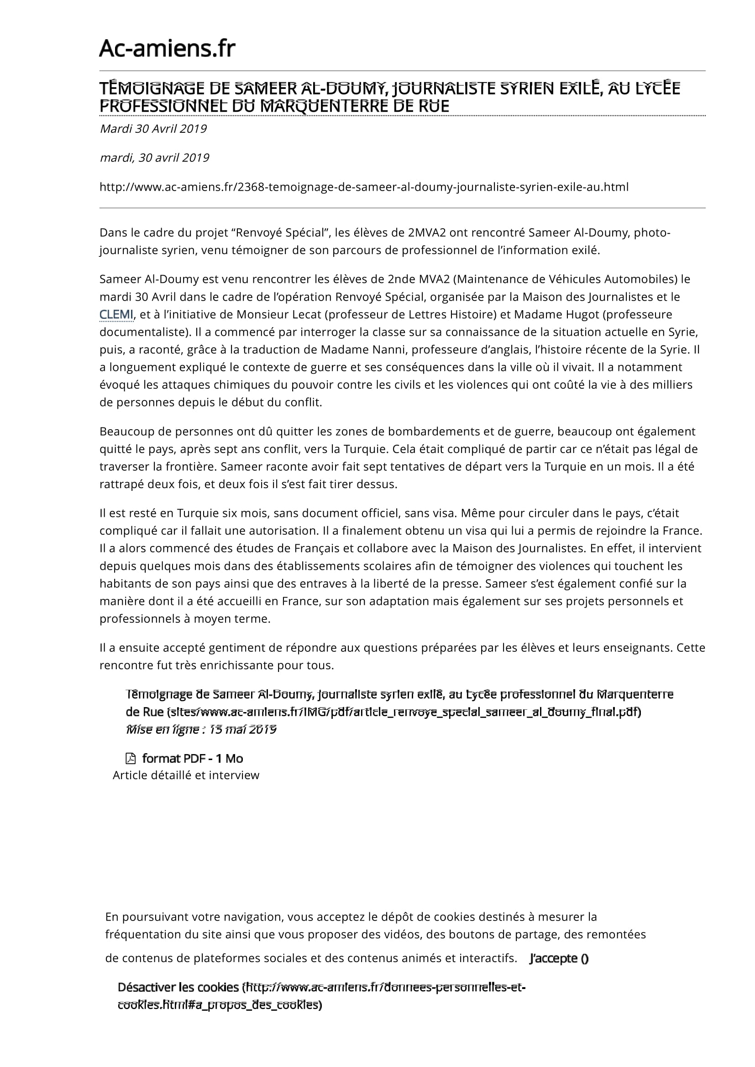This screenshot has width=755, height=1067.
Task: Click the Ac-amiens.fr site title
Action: pos(167,48)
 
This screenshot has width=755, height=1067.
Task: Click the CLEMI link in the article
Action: pos(116,315)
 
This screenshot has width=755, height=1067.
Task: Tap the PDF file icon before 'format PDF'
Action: pos(131,758)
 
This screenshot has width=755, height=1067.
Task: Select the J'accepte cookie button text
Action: pos(559,958)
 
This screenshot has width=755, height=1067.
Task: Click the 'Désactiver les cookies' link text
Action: pos(178,987)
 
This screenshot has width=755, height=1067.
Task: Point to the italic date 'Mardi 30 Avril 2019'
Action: pos(153,129)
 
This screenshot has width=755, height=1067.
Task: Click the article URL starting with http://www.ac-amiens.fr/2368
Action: pos(363,187)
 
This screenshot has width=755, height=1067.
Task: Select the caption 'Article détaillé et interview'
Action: pos(185,775)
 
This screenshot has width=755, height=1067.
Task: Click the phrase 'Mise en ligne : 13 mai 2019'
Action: pos(201,729)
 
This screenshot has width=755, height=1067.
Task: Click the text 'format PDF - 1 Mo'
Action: pos(193,759)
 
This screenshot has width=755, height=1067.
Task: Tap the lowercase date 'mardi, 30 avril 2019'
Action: pos(154,158)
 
